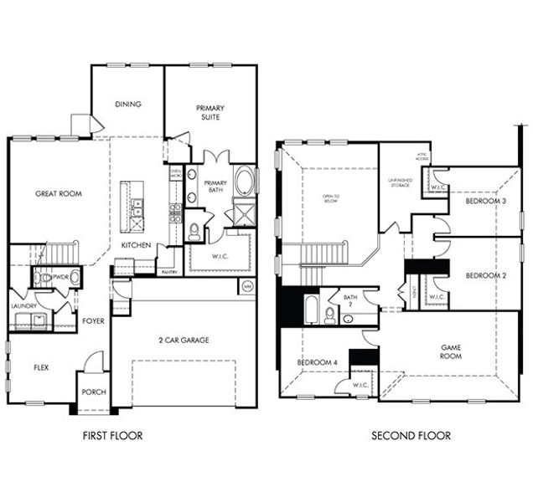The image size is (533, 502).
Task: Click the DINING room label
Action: point(127,105)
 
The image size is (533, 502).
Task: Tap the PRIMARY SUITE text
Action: point(210,113)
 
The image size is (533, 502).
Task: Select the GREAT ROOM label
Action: point(58,193)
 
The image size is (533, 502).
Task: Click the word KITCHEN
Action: point(136,245)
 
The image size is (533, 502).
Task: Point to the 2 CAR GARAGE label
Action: point(183,340)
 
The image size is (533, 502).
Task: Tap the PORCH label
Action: point(92,392)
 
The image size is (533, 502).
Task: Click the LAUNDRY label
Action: point(23,306)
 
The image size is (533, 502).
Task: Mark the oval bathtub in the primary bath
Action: point(244,181)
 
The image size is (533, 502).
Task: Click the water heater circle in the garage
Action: point(246,286)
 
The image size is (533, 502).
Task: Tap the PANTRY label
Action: point(168,272)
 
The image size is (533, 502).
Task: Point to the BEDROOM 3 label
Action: point(485,202)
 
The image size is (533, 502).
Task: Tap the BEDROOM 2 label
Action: point(485,275)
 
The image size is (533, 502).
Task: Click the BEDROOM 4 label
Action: point(317,362)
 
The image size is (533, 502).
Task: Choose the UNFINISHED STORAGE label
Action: point(399,182)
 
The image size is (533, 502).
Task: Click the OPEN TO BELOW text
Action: point(329,199)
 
